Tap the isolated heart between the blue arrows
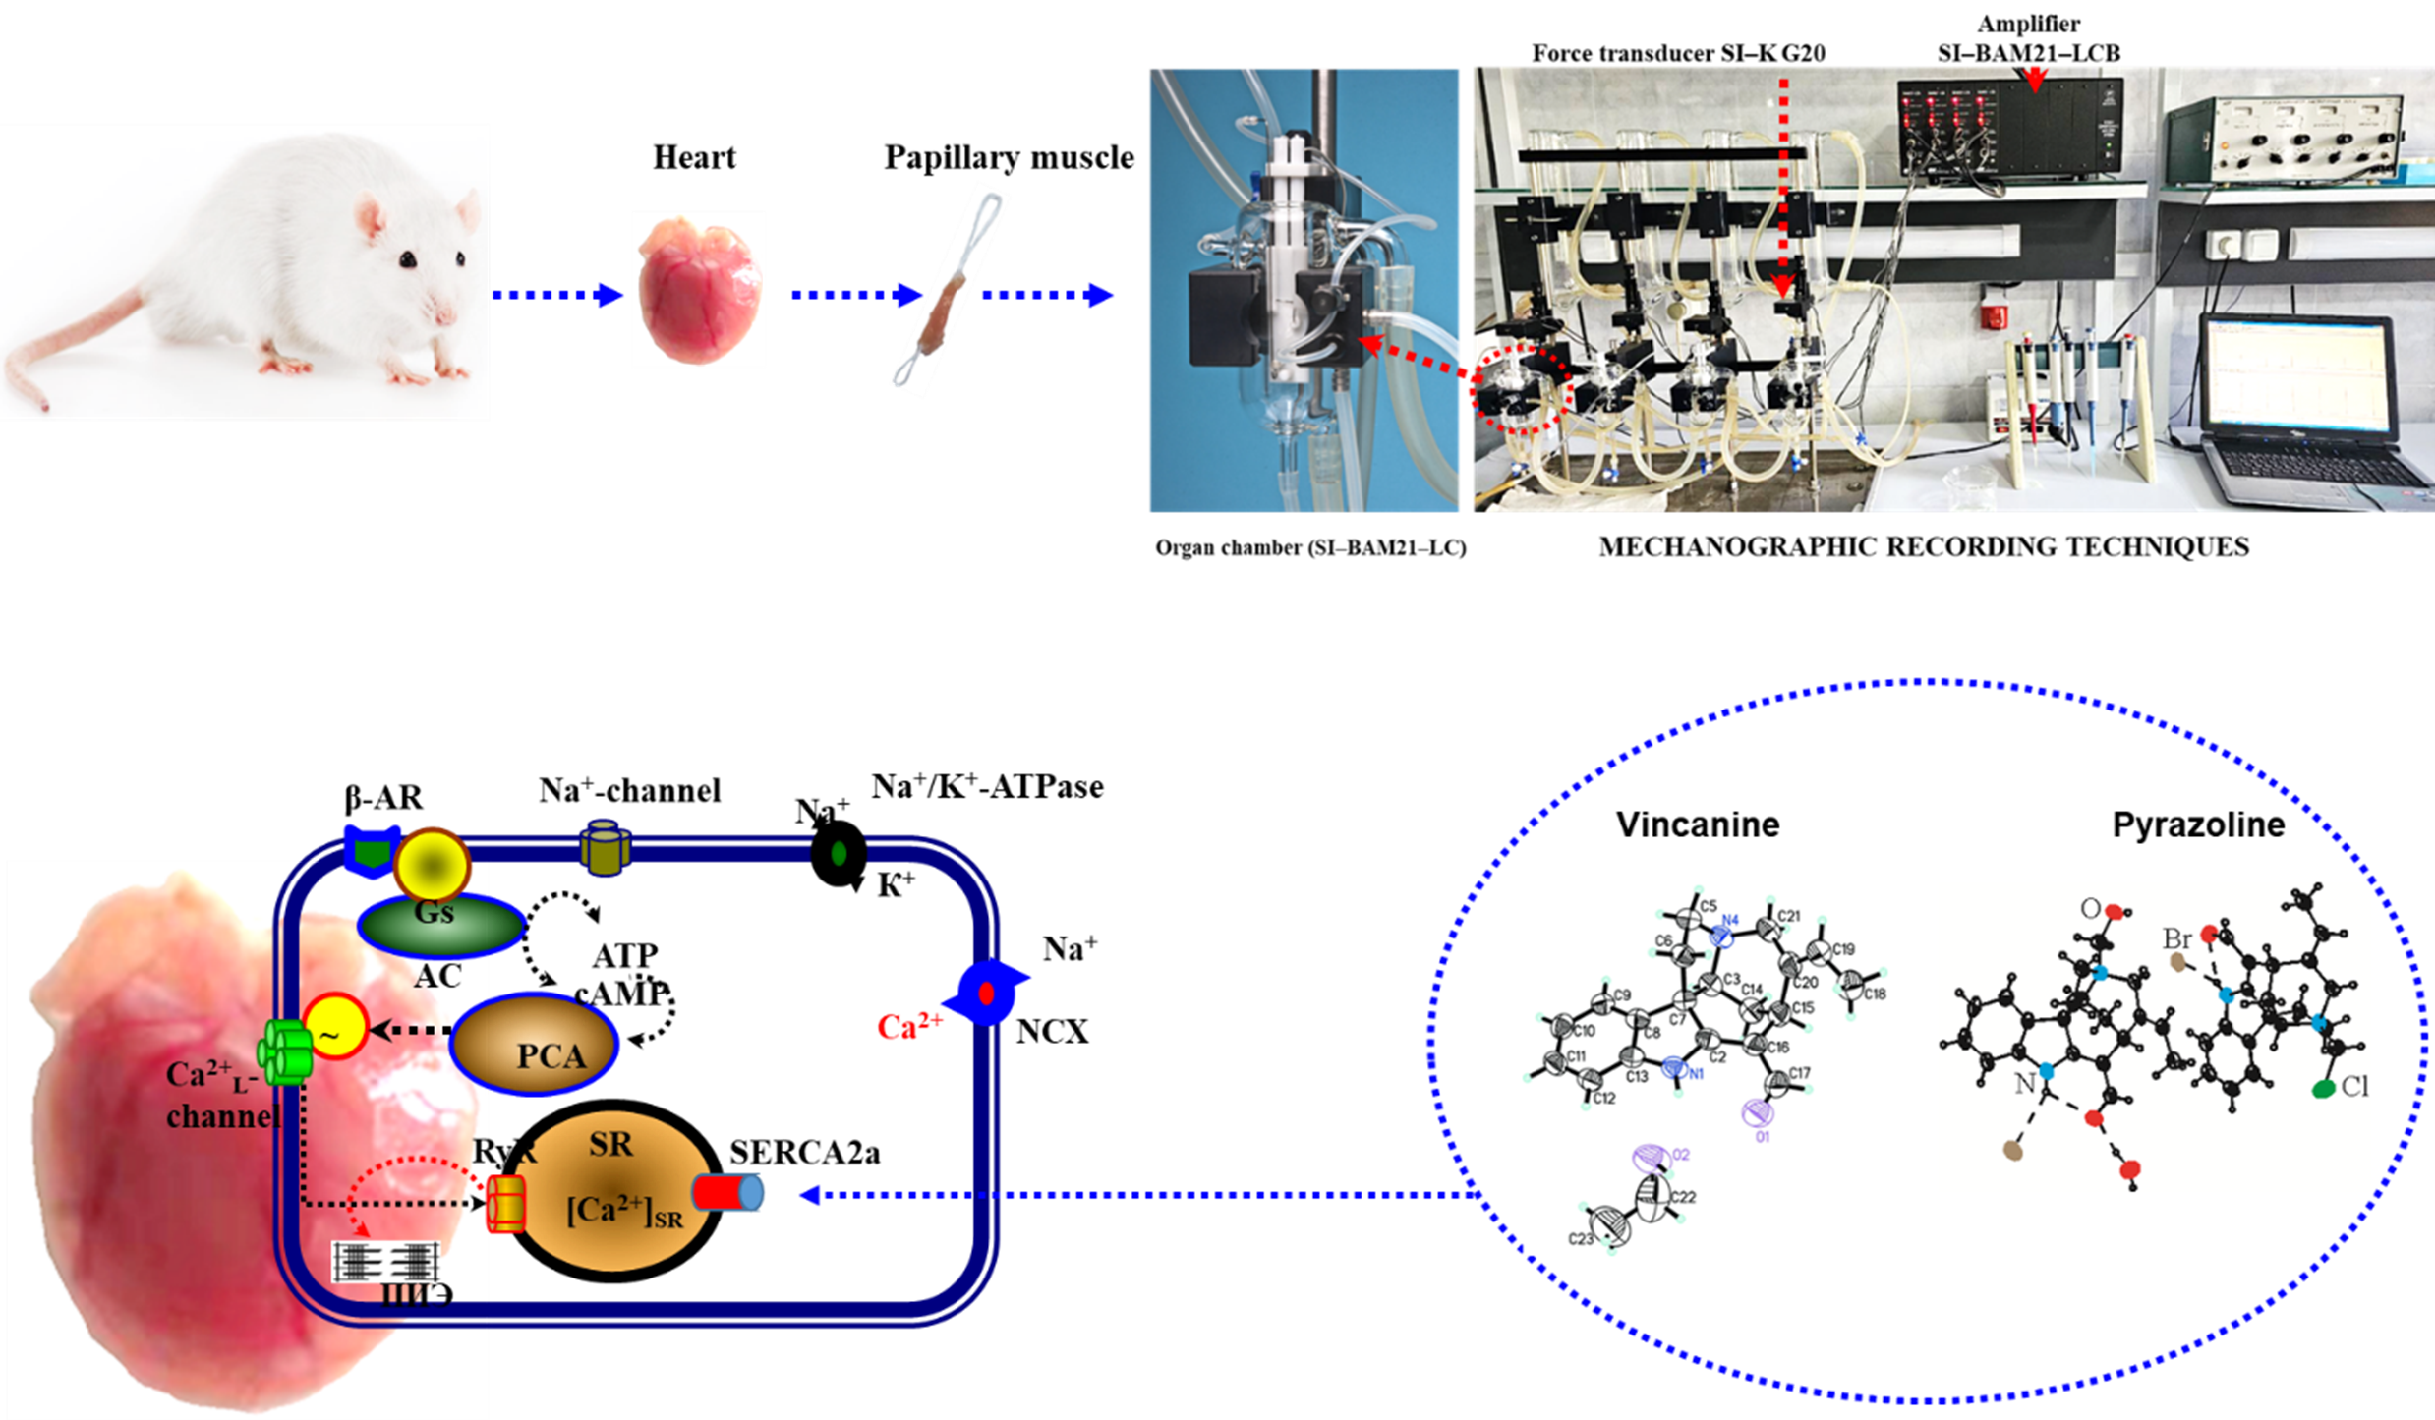click(x=698, y=292)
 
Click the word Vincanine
click(x=1698, y=824)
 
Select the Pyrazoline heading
click(x=2198, y=824)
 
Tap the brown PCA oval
click(x=537, y=1045)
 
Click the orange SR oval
click(x=611, y=1190)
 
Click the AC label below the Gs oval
click(x=436, y=976)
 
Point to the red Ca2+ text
click(x=909, y=1027)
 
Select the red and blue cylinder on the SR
click(x=728, y=1192)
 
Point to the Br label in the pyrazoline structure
click(x=2177, y=938)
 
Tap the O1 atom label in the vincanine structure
click(x=1763, y=1136)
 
